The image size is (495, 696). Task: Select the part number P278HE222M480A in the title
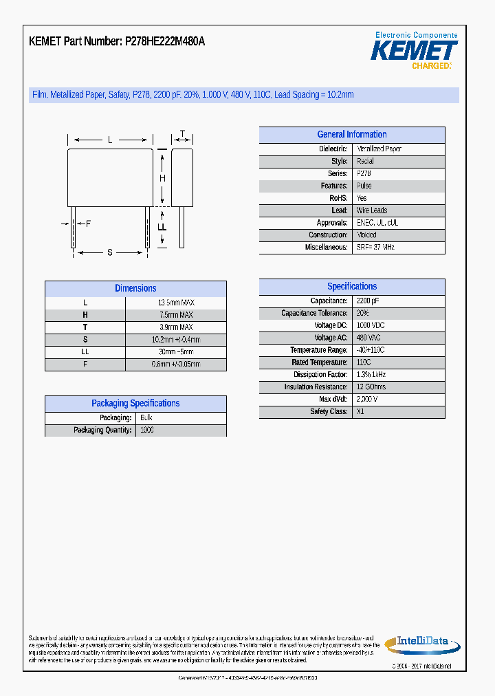(x=165, y=41)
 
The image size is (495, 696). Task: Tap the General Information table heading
(x=352, y=135)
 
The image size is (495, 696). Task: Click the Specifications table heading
(x=352, y=287)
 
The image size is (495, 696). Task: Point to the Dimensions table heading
(x=135, y=289)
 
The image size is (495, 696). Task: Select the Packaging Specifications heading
(x=135, y=404)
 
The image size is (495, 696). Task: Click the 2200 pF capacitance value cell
(x=368, y=301)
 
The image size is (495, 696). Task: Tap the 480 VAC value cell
(x=368, y=338)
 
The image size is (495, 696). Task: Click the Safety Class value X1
(x=361, y=412)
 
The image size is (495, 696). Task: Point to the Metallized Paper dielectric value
(x=379, y=149)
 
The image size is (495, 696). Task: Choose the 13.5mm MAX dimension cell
(x=176, y=303)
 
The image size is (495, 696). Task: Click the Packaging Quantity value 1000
(x=147, y=431)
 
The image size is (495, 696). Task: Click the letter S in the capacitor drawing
(x=109, y=252)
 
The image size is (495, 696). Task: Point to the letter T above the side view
(x=182, y=133)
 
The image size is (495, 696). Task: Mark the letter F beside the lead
(x=88, y=224)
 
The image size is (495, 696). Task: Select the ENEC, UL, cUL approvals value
(x=377, y=223)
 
